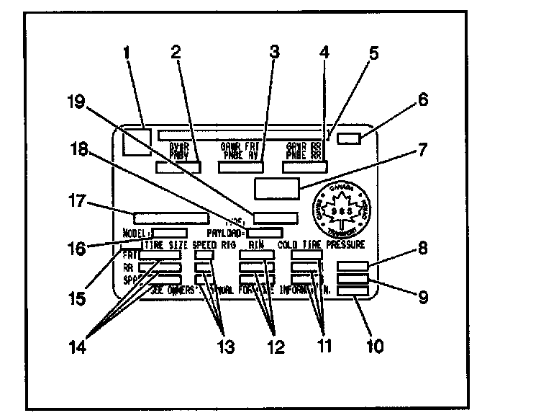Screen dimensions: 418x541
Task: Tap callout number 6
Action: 423,100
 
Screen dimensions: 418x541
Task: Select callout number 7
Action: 422,151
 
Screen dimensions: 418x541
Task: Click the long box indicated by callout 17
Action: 171,216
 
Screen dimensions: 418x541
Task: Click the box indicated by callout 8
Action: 353,265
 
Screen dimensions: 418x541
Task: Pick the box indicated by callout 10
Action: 353,290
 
